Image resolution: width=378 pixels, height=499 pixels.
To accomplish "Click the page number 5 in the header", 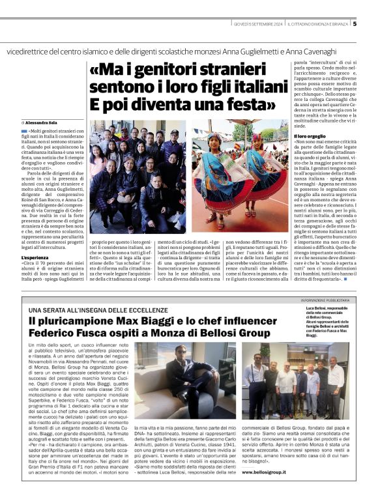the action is point(355,24).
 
